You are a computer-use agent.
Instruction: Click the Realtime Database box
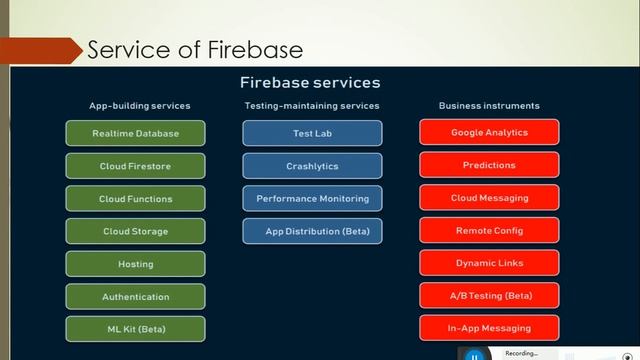135,133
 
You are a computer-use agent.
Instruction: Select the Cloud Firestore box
135,166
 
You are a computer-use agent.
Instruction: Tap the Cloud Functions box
135,199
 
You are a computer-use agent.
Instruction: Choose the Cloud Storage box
135,231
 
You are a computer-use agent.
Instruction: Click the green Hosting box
135,264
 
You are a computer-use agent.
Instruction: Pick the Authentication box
135,297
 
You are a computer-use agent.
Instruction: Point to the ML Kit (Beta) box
135,329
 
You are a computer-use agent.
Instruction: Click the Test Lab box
312,133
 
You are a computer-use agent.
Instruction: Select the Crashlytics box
312,166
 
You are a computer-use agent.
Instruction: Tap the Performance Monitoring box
312,199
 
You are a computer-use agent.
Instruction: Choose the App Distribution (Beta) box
312,231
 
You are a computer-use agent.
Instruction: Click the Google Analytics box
489,132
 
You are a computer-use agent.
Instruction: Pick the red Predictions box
489,165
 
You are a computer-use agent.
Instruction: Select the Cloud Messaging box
489,198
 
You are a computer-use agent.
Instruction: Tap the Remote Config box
489,231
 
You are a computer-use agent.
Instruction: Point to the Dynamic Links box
489,263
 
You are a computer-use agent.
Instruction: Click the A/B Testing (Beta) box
489,296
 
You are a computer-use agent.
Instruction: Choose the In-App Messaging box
489,328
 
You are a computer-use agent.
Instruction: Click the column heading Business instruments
489,105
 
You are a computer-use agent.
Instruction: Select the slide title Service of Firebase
195,49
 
